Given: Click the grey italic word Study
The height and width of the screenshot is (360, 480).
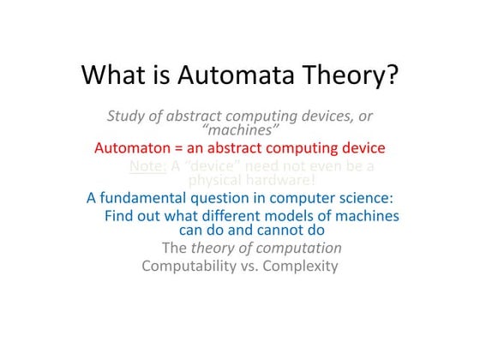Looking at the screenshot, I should pyautogui.click(x=127, y=116).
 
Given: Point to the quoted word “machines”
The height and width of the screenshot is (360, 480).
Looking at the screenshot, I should pyautogui.click(x=241, y=130).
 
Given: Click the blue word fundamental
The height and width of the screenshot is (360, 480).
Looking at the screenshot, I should pyautogui.click(x=147, y=198).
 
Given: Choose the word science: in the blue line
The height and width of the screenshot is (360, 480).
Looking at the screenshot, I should pyautogui.click(x=363, y=198).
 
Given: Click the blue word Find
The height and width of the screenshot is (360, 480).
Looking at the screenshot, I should pyautogui.click(x=120, y=215).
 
